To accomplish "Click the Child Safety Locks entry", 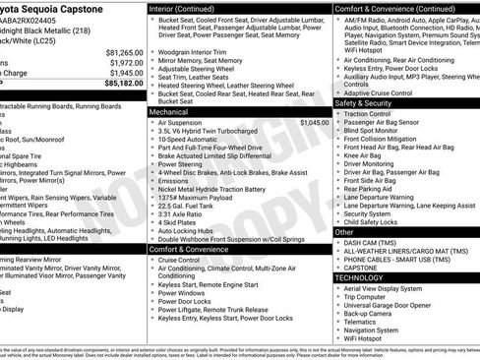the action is click(x=378, y=222).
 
